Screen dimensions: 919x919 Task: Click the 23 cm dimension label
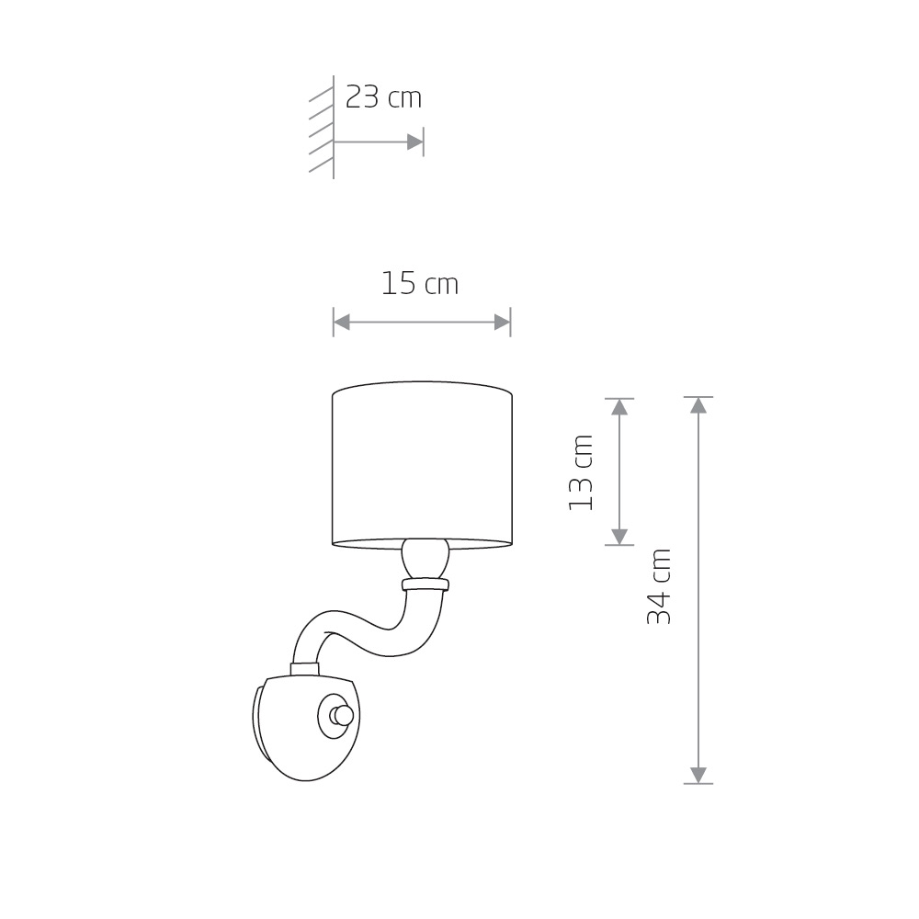pyautogui.click(x=383, y=97)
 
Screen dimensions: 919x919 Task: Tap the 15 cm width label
pyautogui.click(x=420, y=284)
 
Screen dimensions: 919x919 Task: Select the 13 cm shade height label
pyautogui.click(x=581, y=472)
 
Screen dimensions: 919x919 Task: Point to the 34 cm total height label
pyautogui.click(x=659, y=586)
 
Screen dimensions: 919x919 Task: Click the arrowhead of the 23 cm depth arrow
pyautogui.click(x=415, y=142)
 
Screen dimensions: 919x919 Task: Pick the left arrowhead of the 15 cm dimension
pyautogui.click(x=342, y=322)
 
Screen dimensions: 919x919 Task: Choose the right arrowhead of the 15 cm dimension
pyautogui.click(x=503, y=322)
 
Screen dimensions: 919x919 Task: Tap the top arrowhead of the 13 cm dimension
pyautogui.click(x=619, y=407)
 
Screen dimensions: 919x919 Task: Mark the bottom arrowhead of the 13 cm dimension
pyautogui.click(x=619, y=537)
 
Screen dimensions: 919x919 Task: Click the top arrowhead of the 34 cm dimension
pyautogui.click(x=698, y=405)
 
